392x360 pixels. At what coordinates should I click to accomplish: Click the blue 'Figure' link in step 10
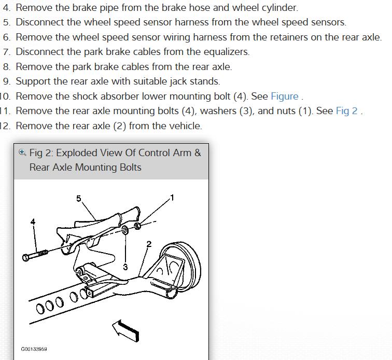pos(284,96)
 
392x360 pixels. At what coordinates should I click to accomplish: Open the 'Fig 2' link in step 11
pos(346,111)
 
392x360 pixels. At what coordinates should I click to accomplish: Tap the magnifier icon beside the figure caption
pos(22,153)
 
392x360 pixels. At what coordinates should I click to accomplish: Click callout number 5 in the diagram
pos(79,199)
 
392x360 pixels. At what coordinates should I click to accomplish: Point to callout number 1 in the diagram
pos(172,198)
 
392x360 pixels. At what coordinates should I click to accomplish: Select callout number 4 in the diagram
pos(33,221)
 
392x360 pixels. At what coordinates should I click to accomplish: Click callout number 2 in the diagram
pos(149,244)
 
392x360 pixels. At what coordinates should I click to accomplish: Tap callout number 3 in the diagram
pos(125,267)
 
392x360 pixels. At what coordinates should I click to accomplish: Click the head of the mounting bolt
pos(26,257)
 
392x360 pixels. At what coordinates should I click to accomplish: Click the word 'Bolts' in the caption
pos(127,168)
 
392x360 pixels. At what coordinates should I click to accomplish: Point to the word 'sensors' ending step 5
pos(327,22)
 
